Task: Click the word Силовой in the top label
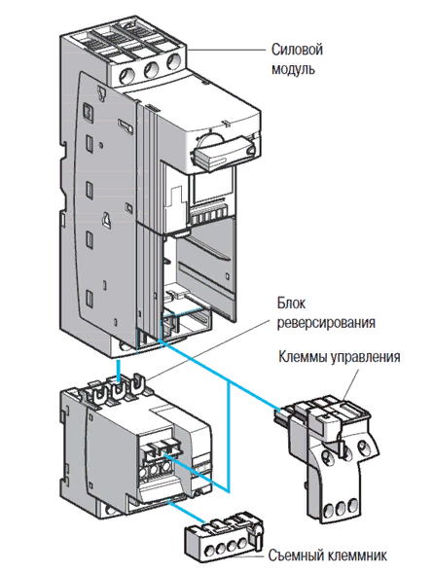pyautogui.click(x=297, y=50)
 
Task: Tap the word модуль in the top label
pyautogui.click(x=293, y=69)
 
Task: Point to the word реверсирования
pyautogui.click(x=326, y=322)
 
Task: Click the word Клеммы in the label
pyautogui.click(x=303, y=357)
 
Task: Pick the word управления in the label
pyautogui.click(x=365, y=357)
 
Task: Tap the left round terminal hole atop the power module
pyautogui.click(x=127, y=75)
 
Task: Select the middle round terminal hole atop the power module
pyautogui.click(x=151, y=69)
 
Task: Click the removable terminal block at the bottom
pyautogui.click(x=222, y=534)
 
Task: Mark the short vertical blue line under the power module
pyautogui.click(x=118, y=372)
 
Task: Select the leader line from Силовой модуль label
pyautogui.click(x=226, y=50)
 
